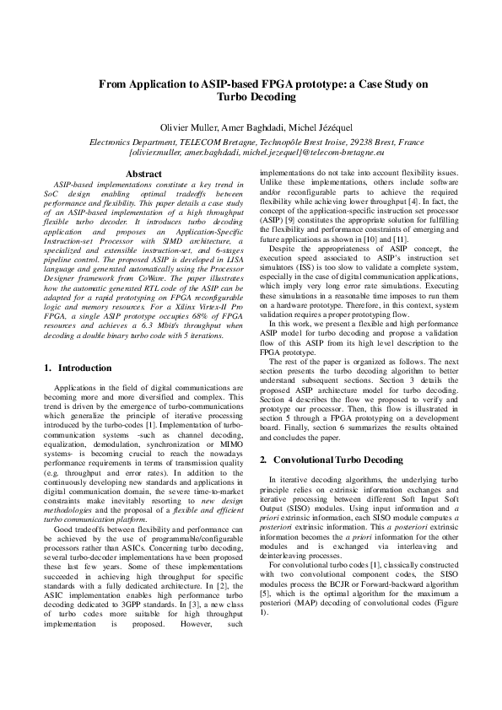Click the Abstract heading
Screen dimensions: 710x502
click(x=143, y=175)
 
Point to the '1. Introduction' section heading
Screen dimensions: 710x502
click(x=77, y=368)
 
